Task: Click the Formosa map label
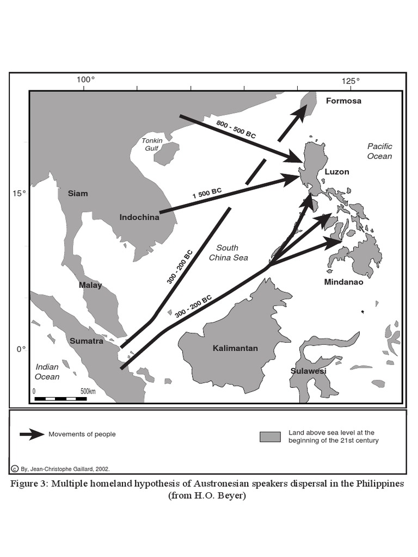point(343,101)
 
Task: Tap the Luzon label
point(337,172)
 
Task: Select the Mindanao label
point(344,282)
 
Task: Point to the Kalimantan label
point(235,348)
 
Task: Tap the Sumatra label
point(86,341)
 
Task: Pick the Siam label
point(77,194)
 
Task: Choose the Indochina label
point(139,218)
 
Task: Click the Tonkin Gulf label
point(152,144)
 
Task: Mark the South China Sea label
point(229,252)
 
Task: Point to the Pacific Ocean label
point(379,151)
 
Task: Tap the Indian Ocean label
point(47,372)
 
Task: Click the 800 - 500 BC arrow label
point(236,128)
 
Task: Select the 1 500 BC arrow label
point(207,193)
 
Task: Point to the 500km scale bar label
point(88,391)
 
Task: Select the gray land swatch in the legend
point(269,437)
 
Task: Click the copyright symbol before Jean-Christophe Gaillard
point(14,468)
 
